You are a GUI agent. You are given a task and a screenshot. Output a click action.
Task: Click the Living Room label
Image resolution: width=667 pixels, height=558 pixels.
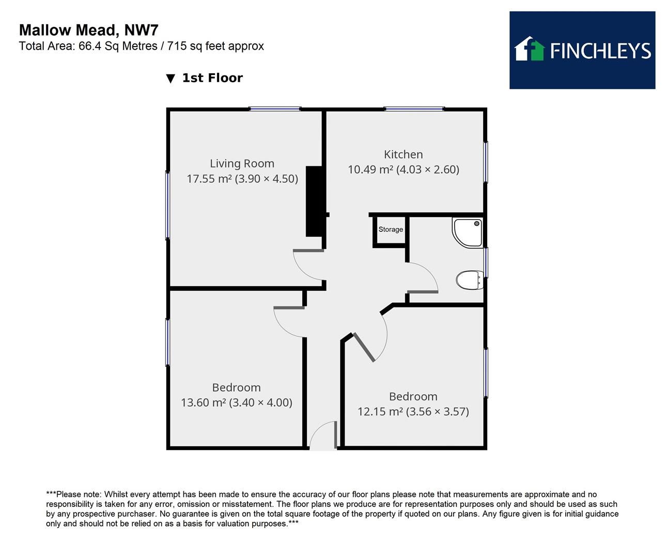tap(242, 164)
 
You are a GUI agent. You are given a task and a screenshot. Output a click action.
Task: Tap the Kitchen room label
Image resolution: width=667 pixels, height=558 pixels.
tap(403, 154)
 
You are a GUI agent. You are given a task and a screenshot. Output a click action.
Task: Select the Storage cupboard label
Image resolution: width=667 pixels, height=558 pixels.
tap(391, 229)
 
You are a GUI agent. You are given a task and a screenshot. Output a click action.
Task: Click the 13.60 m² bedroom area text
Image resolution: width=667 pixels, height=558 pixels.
tap(237, 402)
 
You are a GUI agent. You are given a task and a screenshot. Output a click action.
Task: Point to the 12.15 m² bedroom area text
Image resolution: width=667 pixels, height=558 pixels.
tap(413, 412)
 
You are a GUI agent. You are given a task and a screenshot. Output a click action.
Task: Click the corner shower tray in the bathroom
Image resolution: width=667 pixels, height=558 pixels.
tap(468, 232)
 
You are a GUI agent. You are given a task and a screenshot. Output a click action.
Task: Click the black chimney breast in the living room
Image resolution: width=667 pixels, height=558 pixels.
tap(314, 201)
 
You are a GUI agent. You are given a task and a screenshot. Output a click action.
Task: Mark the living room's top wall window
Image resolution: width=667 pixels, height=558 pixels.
tap(275, 109)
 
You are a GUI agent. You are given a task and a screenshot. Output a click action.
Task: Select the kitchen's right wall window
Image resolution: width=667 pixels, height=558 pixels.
tap(486, 162)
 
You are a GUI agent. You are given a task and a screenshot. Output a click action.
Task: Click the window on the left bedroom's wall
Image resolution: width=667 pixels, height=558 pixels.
tap(167, 342)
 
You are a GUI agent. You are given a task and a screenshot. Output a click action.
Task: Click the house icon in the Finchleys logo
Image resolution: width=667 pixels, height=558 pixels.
tap(530, 49)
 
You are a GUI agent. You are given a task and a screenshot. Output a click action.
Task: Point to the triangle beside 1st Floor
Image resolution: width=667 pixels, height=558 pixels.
tap(170, 79)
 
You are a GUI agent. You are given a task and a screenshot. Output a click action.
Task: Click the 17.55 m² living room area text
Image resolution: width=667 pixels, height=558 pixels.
tap(242, 179)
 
